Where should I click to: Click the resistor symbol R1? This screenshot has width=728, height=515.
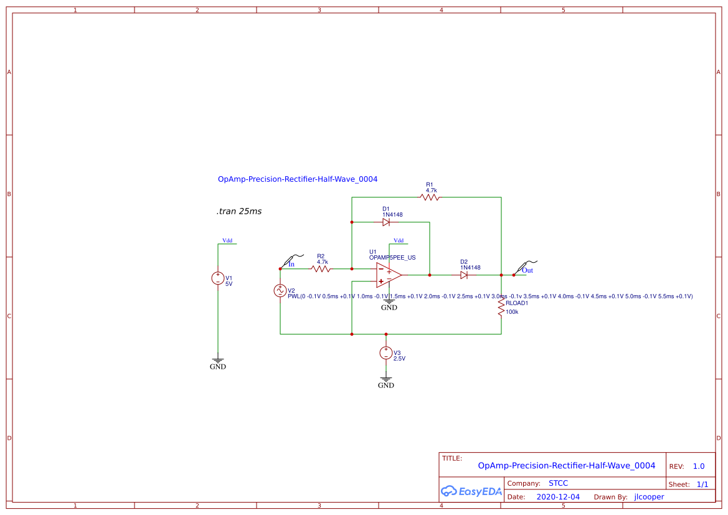(x=430, y=197)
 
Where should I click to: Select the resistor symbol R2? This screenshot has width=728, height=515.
(x=321, y=269)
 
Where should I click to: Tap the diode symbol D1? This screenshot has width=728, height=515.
(x=386, y=222)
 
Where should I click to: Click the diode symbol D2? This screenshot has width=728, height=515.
(x=464, y=275)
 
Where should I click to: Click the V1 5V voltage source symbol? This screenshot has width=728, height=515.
(x=218, y=278)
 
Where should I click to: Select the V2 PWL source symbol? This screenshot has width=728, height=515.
(x=280, y=290)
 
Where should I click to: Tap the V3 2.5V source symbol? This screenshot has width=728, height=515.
(x=386, y=353)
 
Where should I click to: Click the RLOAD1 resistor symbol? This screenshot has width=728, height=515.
(x=501, y=307)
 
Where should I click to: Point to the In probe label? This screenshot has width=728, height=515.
(x=291, y=264)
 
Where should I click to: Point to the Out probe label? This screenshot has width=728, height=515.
(x=527, y=270)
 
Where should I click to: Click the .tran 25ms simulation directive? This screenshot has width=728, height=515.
(x=239, y=212)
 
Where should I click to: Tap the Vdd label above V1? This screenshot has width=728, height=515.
(x=227, y=240)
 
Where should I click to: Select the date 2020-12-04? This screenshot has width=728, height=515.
(x=558, y=497)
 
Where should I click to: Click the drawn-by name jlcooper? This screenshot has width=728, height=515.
(x=649, y=497)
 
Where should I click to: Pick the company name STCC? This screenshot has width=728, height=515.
(x=558, y=483)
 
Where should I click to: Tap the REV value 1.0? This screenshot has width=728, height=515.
(x=698, y=466)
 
